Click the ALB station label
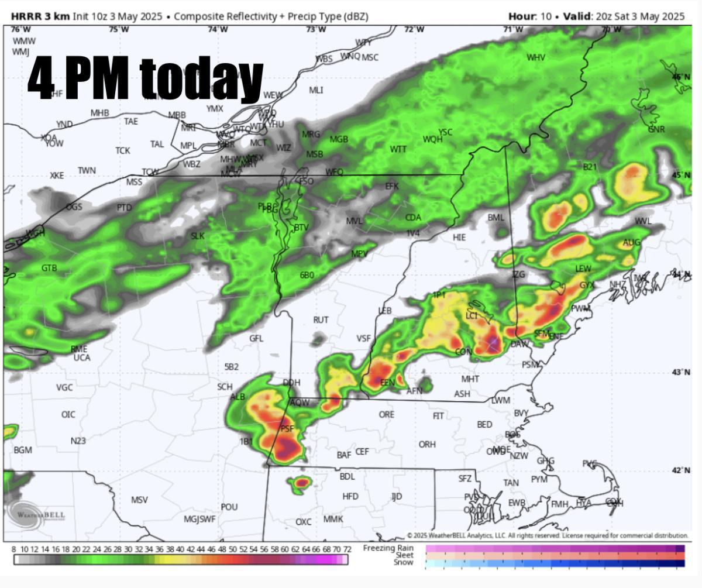click(238, 397)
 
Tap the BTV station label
click(301, 227)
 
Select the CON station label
click(463, 352)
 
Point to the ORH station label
click(427, 444)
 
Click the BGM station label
click(23, 450)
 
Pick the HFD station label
click(350, 496)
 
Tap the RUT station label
click(321, 320)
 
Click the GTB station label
click(49, 268)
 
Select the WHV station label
click(536, 57)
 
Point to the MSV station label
click(139, 500)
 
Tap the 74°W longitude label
click(217, 29)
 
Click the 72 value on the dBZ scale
click(347, 549)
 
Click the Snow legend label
click(404, 563)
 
